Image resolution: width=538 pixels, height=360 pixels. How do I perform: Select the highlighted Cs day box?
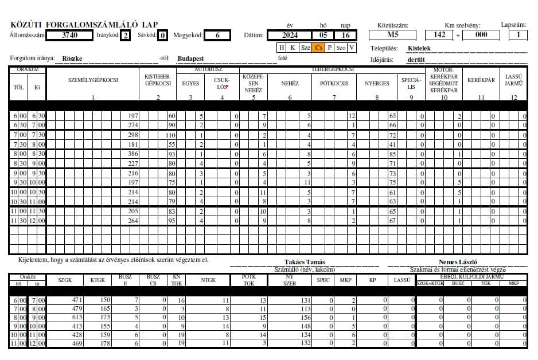[x=319, y=48]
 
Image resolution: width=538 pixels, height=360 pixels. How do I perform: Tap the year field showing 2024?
[x=290, y=35]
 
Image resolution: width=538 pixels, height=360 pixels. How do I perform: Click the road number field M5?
[x=392, y=35]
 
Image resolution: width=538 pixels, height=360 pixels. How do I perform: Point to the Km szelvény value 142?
[x=439, y=35]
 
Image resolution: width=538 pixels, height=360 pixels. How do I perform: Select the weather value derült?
[x=416, y=59]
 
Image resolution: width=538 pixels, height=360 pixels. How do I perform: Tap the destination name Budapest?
[x=191, y=58]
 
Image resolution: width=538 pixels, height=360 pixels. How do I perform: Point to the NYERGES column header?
[x=377, y=83]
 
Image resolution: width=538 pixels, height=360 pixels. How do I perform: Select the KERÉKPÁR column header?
[x=481, y=80]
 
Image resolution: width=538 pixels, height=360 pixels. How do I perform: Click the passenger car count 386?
[x=133, y=154]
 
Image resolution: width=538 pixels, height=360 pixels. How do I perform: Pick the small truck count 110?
[x=170, y=135]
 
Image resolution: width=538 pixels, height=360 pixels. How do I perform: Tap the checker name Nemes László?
[x=458, y=262]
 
